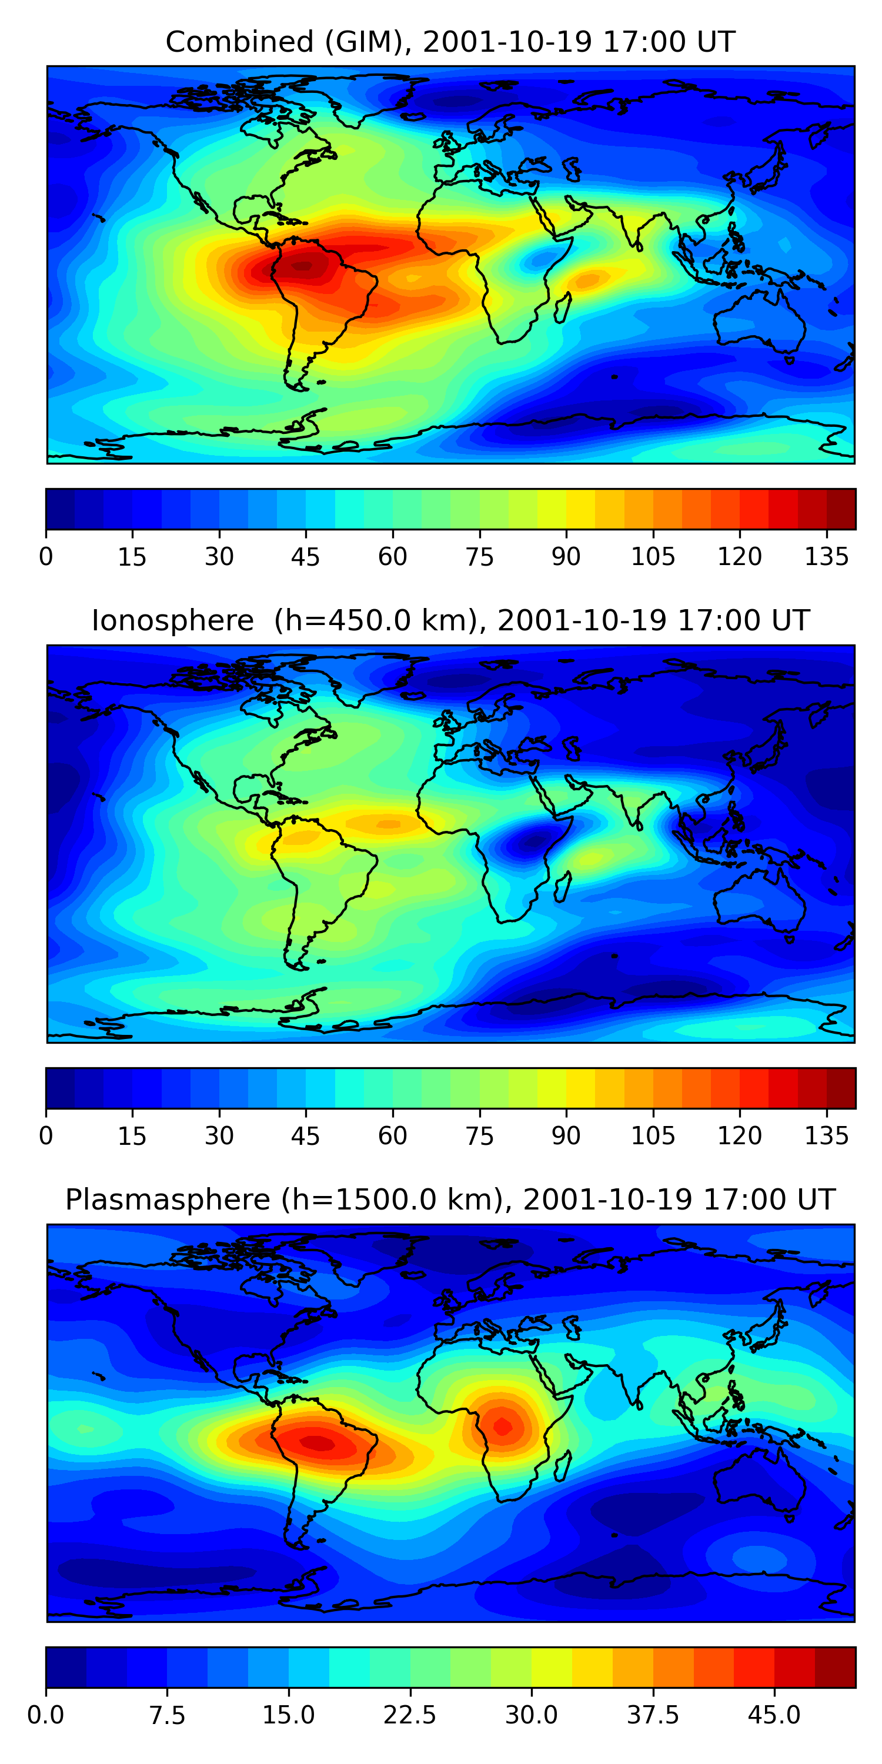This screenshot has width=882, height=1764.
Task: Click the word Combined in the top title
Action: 239,42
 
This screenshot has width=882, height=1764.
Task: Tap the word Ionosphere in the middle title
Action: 172,621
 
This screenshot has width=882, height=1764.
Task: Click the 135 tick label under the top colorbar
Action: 827,557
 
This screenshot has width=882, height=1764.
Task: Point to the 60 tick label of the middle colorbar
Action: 392,1136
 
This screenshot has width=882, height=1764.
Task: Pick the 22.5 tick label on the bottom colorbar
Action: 409,1715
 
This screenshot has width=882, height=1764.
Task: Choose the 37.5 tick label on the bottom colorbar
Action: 653,1715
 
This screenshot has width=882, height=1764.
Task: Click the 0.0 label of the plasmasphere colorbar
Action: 46,1715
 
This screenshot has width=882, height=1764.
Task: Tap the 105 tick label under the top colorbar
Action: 653,557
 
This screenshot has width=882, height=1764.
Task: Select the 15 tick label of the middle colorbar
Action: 132,1136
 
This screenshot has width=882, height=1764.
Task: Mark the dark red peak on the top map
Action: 303,266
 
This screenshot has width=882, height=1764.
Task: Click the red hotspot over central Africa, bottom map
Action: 502,1426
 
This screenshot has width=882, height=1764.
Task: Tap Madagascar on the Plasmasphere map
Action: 563,1466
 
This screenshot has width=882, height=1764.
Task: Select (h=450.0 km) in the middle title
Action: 375,621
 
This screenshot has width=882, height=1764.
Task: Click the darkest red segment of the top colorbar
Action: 841,509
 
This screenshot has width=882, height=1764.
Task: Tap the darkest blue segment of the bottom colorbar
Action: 66,1667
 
